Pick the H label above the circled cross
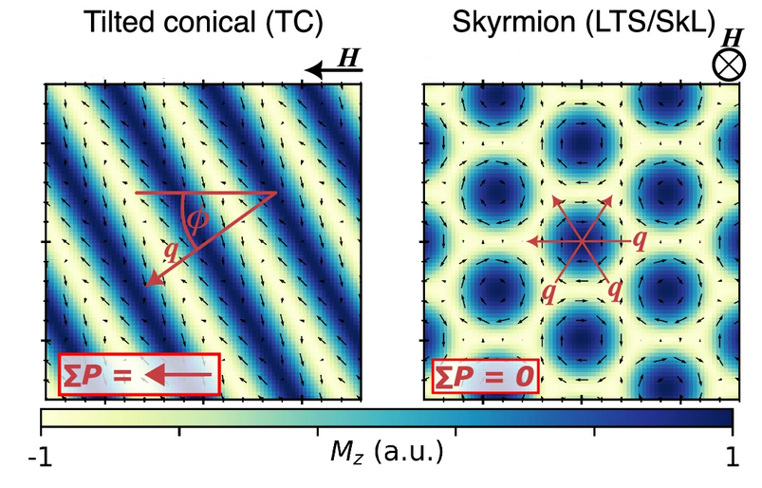pos(733,37)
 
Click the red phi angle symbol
pos(196,219)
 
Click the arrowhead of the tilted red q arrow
pos(148,281)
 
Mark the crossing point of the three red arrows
pos(581,242)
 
